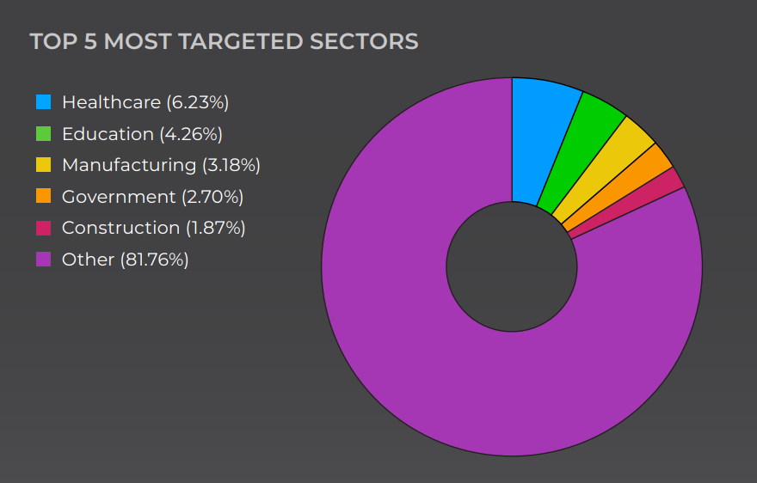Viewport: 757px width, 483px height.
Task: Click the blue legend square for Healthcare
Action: [43, 102]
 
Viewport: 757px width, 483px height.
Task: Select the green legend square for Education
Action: [43, 134]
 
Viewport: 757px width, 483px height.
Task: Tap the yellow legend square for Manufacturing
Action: [43, 165]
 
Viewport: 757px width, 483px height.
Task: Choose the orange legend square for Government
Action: [43, 196]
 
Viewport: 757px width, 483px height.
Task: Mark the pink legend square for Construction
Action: [43, 228]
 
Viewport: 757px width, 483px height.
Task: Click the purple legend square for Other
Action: [43, 259]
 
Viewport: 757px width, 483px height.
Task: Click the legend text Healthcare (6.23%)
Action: [145, 102]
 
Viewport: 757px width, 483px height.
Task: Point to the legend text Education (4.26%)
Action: [142, 134]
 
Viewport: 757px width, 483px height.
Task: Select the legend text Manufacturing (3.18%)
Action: [161, 165]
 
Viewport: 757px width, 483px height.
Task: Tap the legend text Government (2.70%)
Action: [152, 196]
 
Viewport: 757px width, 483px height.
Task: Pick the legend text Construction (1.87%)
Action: [154, 228]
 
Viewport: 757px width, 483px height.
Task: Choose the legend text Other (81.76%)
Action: [125, 259]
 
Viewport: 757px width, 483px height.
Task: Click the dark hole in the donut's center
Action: [512, 266]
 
